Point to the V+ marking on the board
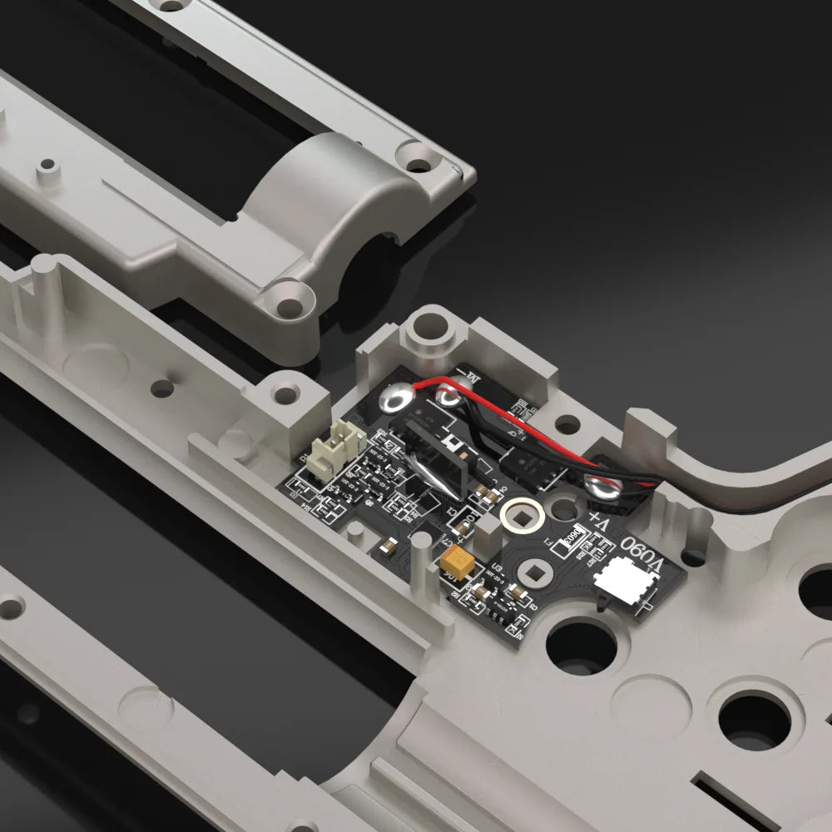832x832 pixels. [x=602, y=523]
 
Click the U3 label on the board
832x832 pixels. [x=497, y=567]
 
